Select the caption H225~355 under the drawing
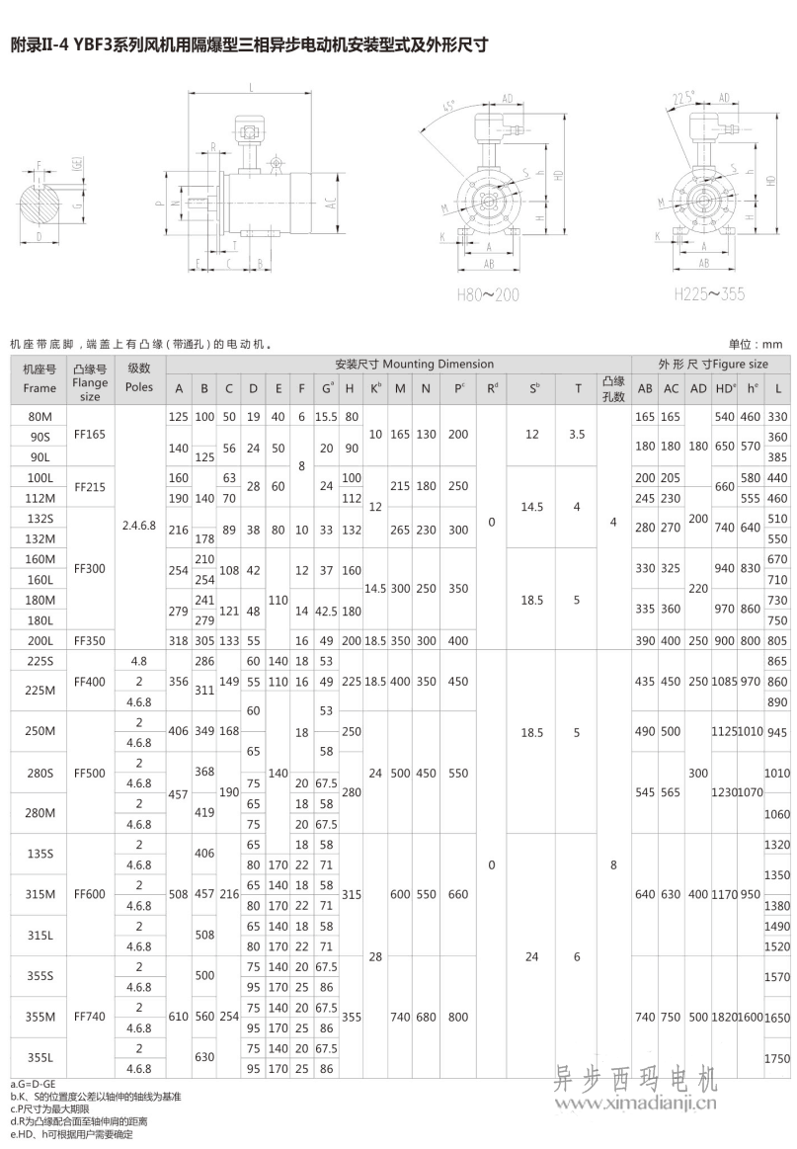(709, 294)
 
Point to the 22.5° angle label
(681, 96)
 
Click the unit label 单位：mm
(756, 344)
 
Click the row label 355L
(40, 1058)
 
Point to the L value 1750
(778, 1058)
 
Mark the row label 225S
(40, 660)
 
